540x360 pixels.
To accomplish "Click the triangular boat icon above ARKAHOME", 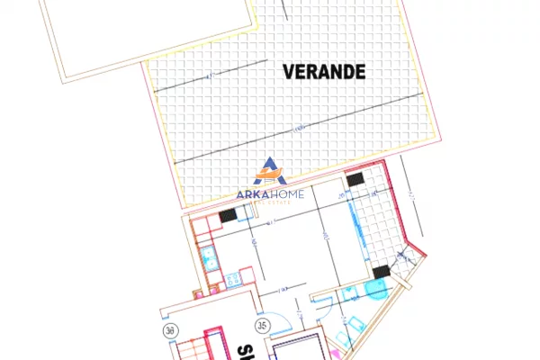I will pyautogui.click(x=269, y=172).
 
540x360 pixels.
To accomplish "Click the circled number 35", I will pyautogui.click(x=264, y=326).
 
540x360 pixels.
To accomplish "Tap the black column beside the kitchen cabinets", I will pyautogui.click(x=229, y=215).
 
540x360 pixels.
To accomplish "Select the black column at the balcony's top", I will pyautogui.click(x=355, y=182).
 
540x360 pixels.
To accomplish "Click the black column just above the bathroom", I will pyautogui.click(x=379, y=272).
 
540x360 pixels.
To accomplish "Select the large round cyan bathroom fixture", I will pyautogui.click(x=376, y=289).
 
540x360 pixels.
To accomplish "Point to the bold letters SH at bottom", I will pyautogui.click(x=244, y=350).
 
